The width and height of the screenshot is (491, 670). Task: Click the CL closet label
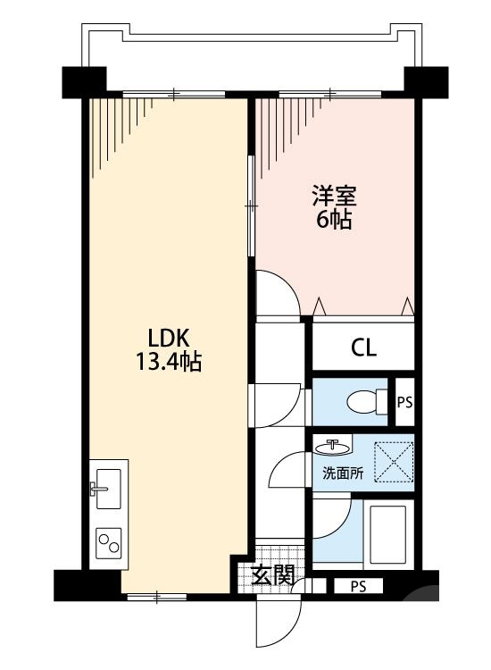pos(363,348)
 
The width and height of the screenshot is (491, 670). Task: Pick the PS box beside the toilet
pos(404,402)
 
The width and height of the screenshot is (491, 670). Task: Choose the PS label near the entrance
pos(358,587)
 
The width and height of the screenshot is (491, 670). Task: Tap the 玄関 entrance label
pos(271,576)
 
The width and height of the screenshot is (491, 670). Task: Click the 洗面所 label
pos(343,474)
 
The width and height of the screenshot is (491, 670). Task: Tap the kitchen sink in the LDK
pos(109,488)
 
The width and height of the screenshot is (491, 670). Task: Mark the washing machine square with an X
pos(393,462)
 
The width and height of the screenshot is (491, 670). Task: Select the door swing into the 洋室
pos(277,291)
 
